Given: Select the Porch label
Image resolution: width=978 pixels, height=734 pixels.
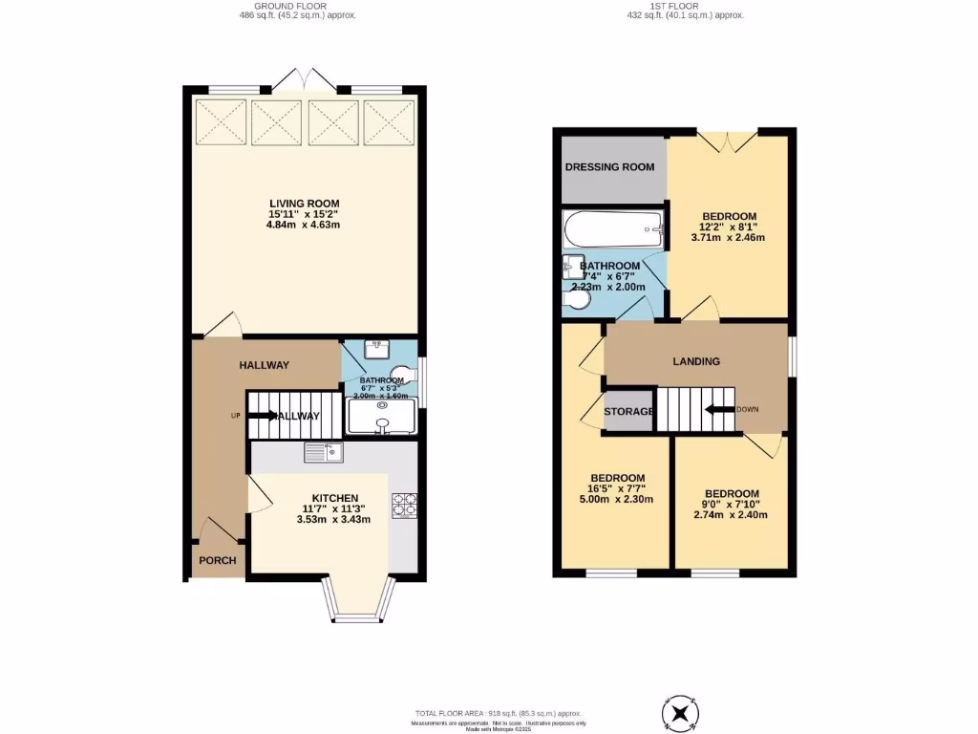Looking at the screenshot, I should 217,561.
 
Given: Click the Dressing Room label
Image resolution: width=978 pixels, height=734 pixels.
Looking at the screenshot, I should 610,167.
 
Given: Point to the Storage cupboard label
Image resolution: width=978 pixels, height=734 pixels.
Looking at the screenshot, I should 628,412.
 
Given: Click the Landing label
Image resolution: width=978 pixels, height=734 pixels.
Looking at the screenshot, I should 696,361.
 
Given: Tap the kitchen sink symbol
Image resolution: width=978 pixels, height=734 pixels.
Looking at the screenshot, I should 324,452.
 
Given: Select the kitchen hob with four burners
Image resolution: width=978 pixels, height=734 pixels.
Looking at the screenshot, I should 402,505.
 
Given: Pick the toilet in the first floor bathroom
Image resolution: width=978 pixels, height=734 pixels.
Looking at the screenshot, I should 576,301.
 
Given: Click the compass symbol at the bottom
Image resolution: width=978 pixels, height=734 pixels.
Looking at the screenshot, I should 680,713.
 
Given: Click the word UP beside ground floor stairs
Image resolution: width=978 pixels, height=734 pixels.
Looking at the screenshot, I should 235,416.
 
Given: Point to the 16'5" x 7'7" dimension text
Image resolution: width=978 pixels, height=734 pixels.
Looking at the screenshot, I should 617,488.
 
